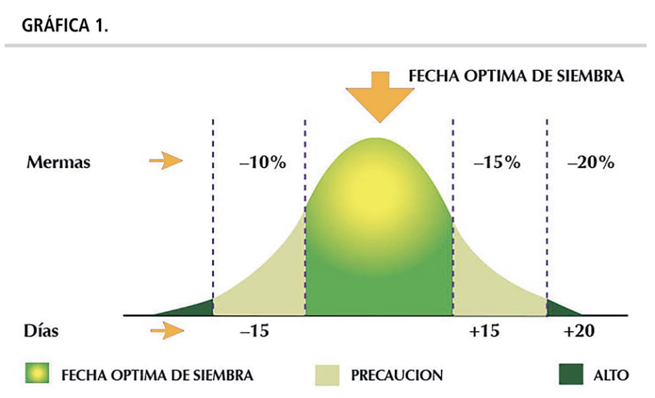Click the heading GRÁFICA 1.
point(65,26)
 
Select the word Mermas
point(58,163)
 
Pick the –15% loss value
point(497,164)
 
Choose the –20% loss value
point(590,163)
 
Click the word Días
point(43,331)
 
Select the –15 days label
point(254,331)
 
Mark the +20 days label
point(577,331)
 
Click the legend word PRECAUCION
point(396,375)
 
